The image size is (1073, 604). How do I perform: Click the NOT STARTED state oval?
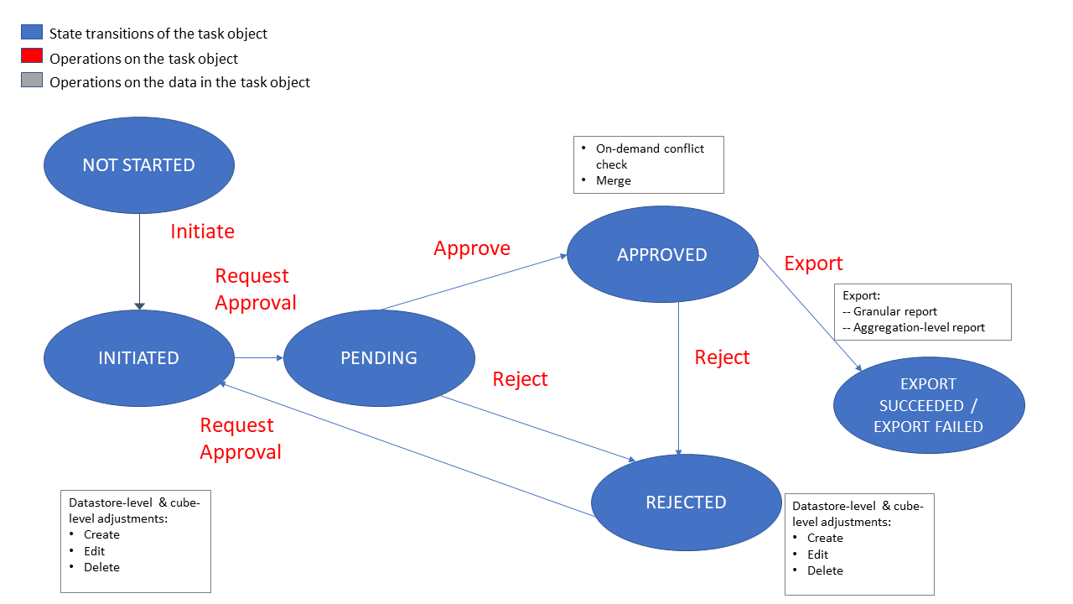click(x=138, y=165)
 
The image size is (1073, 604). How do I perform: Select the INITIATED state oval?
click(x=138, y=358)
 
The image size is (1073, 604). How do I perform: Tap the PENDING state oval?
click(x=379, y=358)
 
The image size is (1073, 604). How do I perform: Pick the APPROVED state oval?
click(x=662, y=255)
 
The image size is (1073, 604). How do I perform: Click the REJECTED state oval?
click(x=686, y=502)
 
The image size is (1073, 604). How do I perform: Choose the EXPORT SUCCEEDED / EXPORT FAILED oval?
click(x=928, y=405)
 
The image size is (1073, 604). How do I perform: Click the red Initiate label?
click(x=202, y=232)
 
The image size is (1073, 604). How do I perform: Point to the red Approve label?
click(x=472, y=248)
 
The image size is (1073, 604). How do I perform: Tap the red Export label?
click(x=813, y=263)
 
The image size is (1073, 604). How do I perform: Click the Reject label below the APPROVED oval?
click(x=722, y=357)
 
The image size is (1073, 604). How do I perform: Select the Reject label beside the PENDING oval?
click(x=520, y=379)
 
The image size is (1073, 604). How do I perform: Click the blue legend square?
click(x=32, y=33)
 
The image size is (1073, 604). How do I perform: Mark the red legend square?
click(x=32, y=56)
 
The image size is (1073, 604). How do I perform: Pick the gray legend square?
click(x=32, y=81)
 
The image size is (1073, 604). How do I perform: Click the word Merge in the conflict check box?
click(x=614, y=181)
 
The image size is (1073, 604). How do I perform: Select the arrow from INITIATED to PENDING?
click(x=260, y=357)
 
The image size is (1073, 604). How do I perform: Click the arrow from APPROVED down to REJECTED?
click(x=678, y=377)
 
